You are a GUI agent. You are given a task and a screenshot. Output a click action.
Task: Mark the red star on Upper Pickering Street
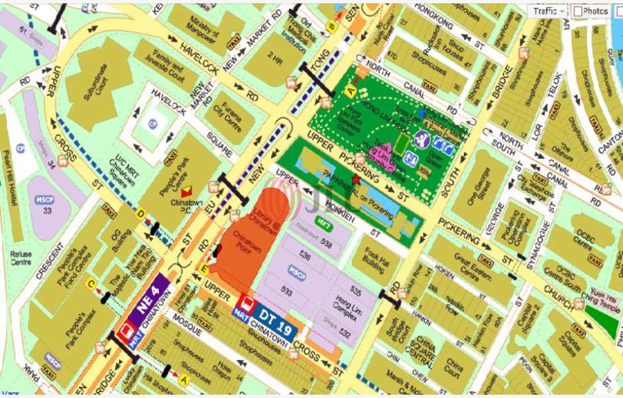[356, 179]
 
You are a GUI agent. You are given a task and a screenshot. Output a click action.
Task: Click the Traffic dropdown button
[549, 11]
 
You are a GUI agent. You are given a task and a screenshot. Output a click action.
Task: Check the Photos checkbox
[578, 11]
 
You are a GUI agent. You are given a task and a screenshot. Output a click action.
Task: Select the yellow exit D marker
[141, 214]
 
